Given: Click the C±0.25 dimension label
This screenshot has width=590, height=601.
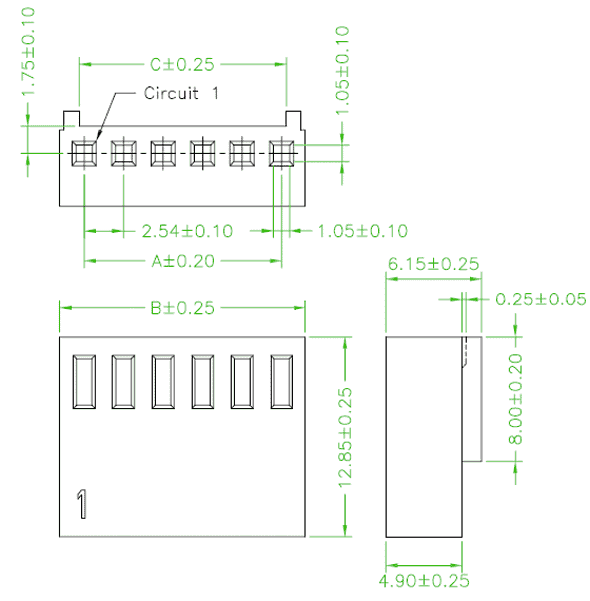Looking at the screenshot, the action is (x=182, y=65).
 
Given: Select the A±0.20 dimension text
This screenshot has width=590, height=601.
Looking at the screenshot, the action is (x=183, y=261).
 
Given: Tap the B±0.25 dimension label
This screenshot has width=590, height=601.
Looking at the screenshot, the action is (x=182, y=308).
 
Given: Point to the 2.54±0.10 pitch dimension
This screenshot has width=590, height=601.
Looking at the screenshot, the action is (x=187, y=231).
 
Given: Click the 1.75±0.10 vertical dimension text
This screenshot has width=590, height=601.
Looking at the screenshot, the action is (x=28, y=52).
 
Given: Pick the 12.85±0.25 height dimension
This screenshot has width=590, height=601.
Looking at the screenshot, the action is (x=345, y=437).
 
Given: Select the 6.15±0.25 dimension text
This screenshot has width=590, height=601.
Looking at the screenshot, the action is (x=433, y=264).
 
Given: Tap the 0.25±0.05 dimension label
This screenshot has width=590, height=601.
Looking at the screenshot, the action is (x=541, y=299).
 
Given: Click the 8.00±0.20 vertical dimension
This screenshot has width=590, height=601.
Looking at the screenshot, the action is (x=515, y=399).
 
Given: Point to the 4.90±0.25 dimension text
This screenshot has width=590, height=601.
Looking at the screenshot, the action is (x=424, y=581).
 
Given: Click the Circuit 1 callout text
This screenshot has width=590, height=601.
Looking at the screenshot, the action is (x=181, y=93).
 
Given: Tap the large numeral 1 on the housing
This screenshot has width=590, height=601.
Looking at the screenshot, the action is (x=82, y=504).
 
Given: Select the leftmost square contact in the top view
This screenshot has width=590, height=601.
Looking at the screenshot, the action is (x=84, y=153).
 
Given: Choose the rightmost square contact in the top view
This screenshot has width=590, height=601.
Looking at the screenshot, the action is (x=281, y=153).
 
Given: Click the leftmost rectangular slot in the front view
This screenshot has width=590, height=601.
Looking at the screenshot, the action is (x=84, y=382).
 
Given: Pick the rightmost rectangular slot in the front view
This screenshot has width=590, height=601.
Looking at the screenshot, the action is (x=282, y=382).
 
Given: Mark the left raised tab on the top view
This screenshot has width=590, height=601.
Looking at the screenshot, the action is (x=71, y=119).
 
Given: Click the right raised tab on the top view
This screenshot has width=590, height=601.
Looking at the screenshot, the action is (x=293, y=119).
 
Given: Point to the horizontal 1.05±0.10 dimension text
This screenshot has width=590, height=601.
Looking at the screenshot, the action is (x=363, y=231).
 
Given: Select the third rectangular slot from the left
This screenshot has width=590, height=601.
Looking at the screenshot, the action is (x=163, y=382).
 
